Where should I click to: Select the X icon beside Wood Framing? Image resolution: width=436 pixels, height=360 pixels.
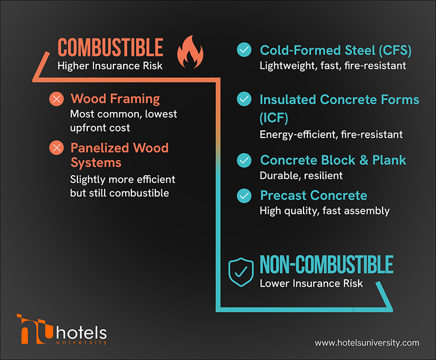pos(56,99)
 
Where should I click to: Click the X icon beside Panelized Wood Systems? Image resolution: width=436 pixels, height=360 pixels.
pos(56,148)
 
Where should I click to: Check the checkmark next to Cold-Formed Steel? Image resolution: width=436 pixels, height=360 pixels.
pos(244,51)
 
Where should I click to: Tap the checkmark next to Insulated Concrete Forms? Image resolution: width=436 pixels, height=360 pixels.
pos(244,99)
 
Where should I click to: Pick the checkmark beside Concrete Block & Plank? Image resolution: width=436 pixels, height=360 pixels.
pos(244,160)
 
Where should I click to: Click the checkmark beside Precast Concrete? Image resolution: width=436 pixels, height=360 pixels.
pos(244,195)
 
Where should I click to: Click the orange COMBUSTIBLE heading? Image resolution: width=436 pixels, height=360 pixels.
pos(111,48)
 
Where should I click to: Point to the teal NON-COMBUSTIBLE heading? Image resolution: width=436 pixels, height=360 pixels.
pos(326,265)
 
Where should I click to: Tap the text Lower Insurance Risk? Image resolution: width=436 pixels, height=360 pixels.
pos(311,283)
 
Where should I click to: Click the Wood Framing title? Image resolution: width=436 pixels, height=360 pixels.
pos(115,99)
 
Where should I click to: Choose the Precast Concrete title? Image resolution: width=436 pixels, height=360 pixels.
pos(313,195)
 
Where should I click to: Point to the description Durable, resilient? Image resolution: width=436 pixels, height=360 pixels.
pos(301,175)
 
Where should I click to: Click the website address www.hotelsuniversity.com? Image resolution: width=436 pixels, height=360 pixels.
pos(367,343)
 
